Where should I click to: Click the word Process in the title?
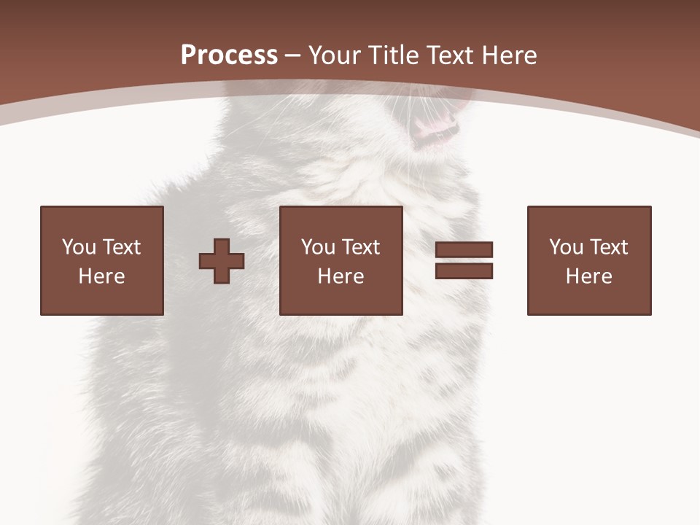point(229,55)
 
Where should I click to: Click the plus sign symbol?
point(222,261)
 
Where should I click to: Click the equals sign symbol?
point(464,260)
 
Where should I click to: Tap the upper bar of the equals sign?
point(464,250)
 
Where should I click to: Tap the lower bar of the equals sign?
point(464,271)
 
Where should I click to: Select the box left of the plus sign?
point(102,260)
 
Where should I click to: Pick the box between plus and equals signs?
point(341,260)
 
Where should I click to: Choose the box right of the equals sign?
point(589,260)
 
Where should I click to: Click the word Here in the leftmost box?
point(102,276)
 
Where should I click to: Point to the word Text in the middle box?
point(360,247)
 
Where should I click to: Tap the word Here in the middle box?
point(341,276)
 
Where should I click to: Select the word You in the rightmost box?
point(566,247)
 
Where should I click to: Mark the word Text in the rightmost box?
point(608,247)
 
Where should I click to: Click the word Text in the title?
point(448,55)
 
